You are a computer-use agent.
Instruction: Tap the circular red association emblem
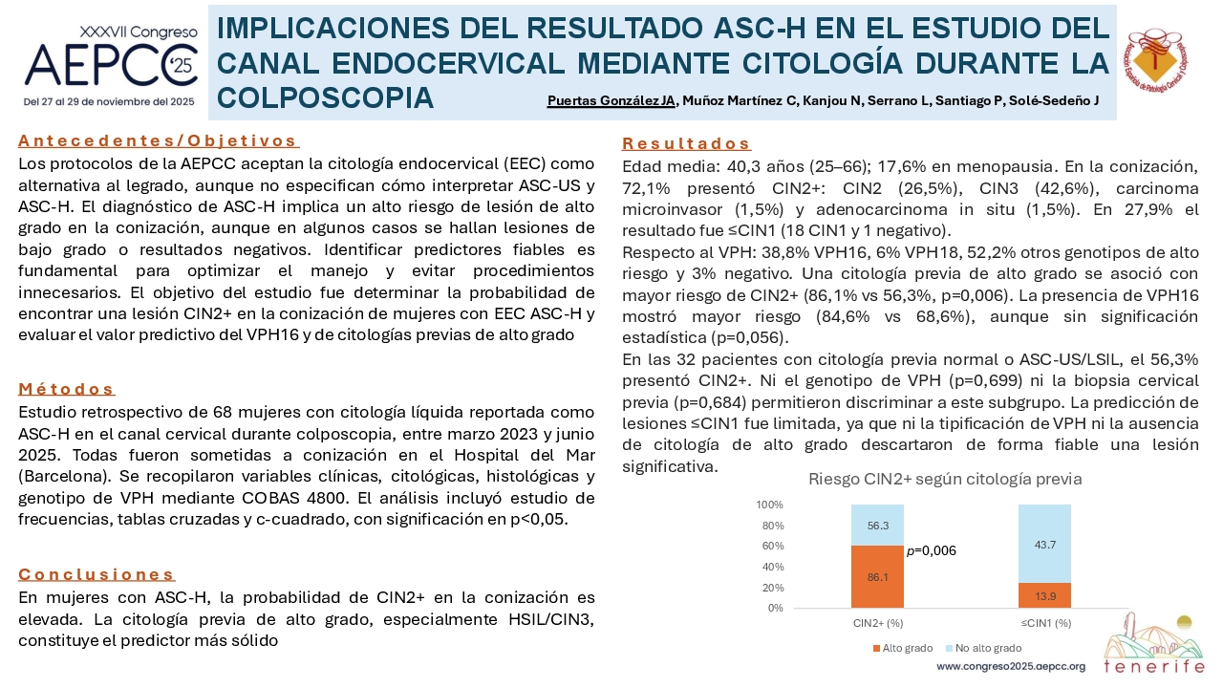1157,60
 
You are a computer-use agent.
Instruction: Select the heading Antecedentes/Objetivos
158,140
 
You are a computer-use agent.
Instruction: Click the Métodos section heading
66,389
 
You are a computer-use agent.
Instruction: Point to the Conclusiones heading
97,574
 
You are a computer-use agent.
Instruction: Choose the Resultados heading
686,143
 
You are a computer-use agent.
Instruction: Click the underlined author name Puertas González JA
611,101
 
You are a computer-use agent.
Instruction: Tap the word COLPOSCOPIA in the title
326,98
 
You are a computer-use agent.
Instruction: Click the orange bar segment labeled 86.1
877,576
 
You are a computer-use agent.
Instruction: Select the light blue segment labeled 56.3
877,526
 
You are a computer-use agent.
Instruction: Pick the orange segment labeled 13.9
1044,595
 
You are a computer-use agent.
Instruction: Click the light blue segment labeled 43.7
1044,544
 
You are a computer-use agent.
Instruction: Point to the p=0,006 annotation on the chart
932,551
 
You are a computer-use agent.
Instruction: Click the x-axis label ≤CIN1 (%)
1046,623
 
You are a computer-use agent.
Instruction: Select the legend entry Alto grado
903,648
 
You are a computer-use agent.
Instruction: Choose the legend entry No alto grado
984,648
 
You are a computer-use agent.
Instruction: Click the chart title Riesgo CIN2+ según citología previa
945,480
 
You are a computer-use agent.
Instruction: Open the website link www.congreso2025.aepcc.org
1011,667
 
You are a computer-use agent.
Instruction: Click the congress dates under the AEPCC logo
109,102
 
